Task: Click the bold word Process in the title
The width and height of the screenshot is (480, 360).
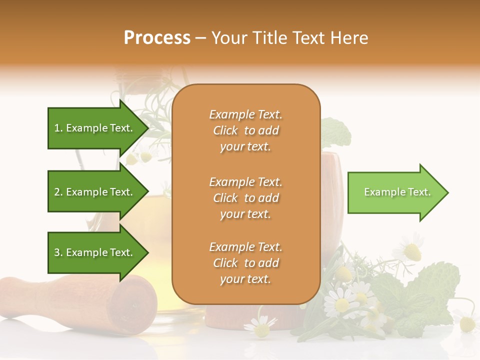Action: point(157,38)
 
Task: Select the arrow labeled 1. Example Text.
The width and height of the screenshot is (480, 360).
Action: point(95,128)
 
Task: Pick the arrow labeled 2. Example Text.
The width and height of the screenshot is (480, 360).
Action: point(95,192)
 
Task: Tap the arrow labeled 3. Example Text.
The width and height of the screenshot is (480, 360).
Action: point(95,252)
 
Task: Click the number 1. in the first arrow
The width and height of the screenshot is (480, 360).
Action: point(58,128)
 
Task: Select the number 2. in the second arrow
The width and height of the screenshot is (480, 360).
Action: point(58,192)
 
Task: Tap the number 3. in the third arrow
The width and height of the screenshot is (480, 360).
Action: point(58,252)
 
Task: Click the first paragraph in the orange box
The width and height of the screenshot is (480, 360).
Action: point(245,130)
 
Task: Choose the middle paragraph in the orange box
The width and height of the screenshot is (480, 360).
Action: point(245,198)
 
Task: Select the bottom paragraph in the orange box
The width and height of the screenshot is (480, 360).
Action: point(245,263)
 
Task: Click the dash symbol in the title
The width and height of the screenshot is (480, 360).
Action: point(200,38)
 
